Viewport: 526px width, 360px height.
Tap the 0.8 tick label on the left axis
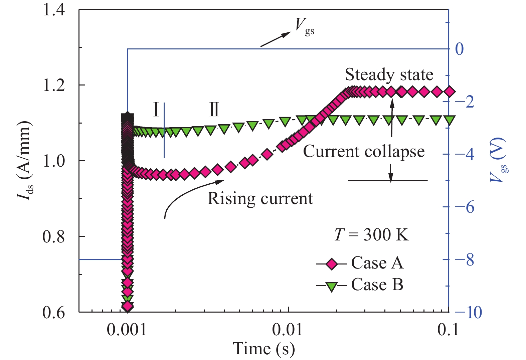(x=54, y=237)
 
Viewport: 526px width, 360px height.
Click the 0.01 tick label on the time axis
(x=288, y=330)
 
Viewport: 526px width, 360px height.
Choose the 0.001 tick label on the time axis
(x=127, y=330)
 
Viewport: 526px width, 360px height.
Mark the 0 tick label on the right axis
(x=460, y=49)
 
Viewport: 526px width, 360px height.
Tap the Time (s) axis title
(x=264, y=348)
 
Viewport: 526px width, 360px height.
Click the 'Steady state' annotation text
(x=389, y=74)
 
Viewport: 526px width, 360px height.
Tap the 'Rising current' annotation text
(x=260, y=198)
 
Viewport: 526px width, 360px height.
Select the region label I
(x=156, y=110)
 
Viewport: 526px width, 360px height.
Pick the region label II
(x=214, y=110)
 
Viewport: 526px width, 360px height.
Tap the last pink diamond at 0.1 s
(x=450, y=92)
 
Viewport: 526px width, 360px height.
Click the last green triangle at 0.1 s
(x=450, y=120)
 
